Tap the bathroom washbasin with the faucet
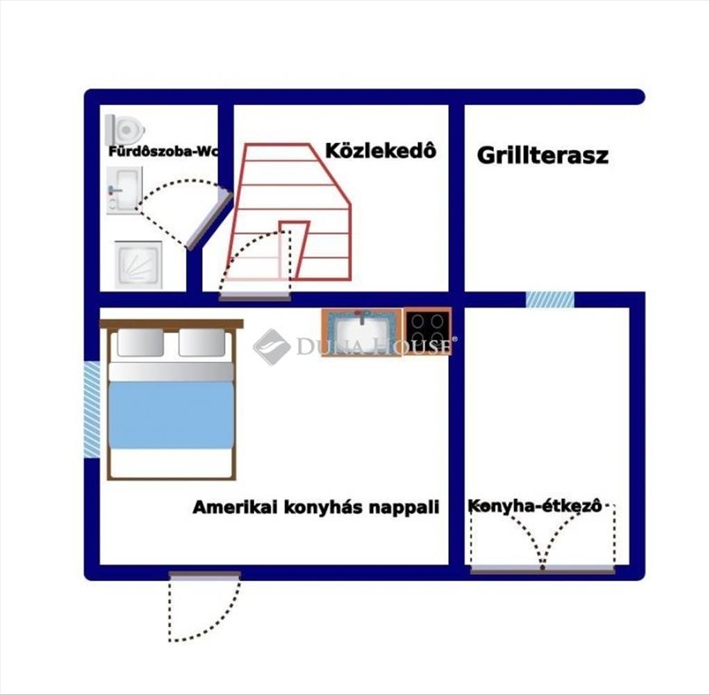pos(124,190)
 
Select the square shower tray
pos(138,265)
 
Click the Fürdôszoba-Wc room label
pos(163,152)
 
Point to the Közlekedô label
pos(381,151)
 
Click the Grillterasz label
pos(543,156)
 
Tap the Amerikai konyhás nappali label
pos(316,507)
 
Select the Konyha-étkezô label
pos(535,506)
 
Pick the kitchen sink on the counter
pos(362,332)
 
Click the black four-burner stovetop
pos(427,332)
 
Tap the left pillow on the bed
pos(140,342)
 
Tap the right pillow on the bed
pos(202,342)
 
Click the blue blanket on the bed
pos(171,415)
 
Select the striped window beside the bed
pos(92,409)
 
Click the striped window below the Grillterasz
pos(550,300)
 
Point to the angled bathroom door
pos(209,220)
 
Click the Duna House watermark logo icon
pos(271,347)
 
